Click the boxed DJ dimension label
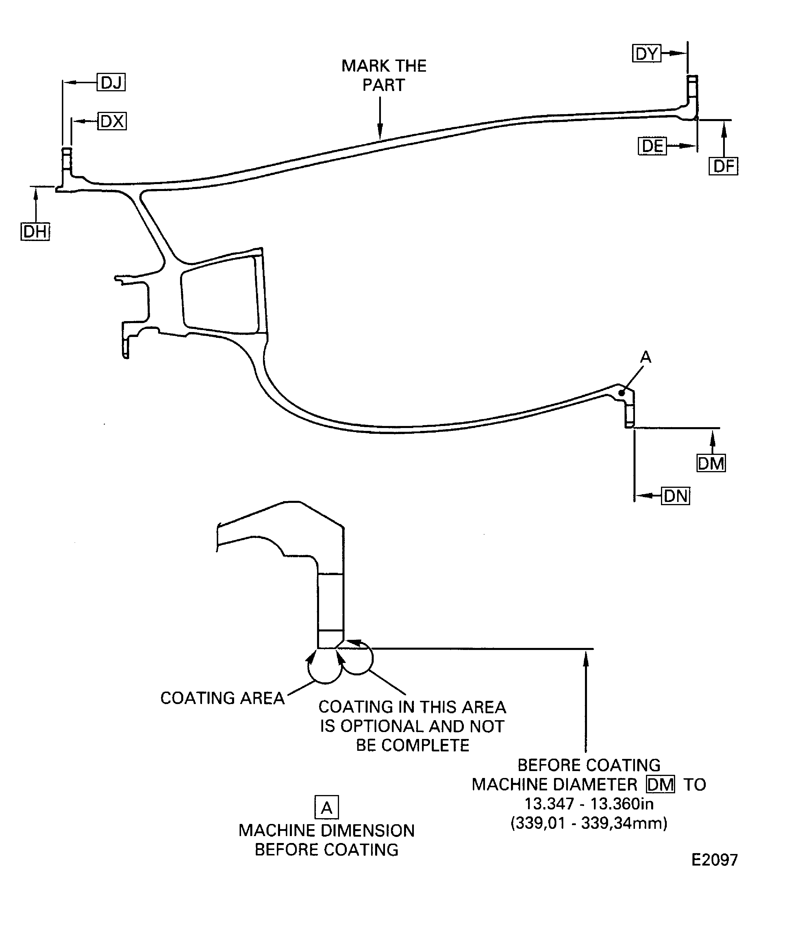[x=111, y=83]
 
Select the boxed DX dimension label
[x=112, y=121]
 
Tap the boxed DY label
[x=646, y=53]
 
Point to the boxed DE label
[x=652, y=146]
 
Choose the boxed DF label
[x=723, y=166]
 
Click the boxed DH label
[x=35, y=232]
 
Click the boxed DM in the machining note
[x=660, y=785]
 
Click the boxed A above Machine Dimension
[x=327, y=808]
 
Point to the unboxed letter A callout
[x=645, y=357]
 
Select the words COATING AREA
[x=222, y=698]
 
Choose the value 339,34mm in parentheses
[x=624, y=823]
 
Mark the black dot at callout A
[x=621, y=393]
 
